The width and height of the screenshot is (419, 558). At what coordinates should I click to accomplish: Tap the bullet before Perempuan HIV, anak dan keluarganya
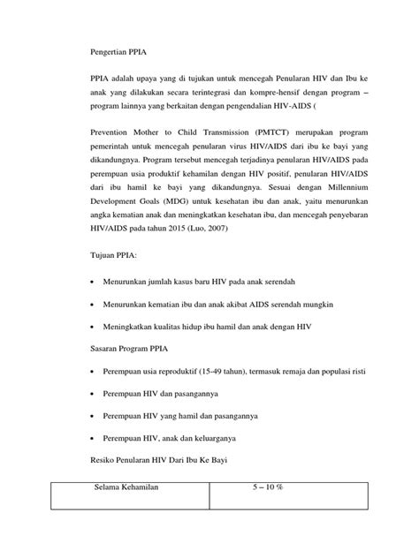(x=95, y=439)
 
